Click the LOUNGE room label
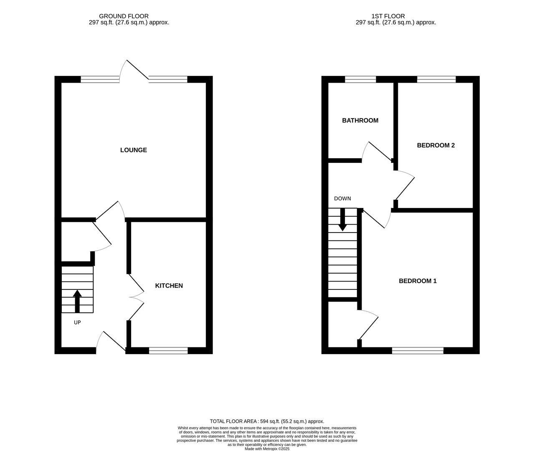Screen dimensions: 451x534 click(133, 150)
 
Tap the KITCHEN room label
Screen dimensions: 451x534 click(169, 286)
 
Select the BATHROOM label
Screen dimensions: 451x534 click(360, 120)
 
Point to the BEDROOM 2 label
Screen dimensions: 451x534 click(435, 145)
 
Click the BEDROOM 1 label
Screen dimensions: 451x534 click(418, 281)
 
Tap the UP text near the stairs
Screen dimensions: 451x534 click(77, 322)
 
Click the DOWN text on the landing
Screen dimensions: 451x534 click(342, 199)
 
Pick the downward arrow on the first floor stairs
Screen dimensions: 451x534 click(342, 220)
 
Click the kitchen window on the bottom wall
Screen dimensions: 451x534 click(168, 351)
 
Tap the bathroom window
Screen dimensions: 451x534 click(360, 79)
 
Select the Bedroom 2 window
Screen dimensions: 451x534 click(436, 79)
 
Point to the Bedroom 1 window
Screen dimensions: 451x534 click(418, 351)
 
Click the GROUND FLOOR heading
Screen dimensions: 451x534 click(129, 16)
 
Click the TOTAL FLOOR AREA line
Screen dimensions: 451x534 click(267, 421)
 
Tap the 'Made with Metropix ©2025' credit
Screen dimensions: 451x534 click(267, 449)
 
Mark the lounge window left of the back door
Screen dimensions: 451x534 click(100, 79)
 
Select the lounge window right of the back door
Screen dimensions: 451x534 click(168, 79)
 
